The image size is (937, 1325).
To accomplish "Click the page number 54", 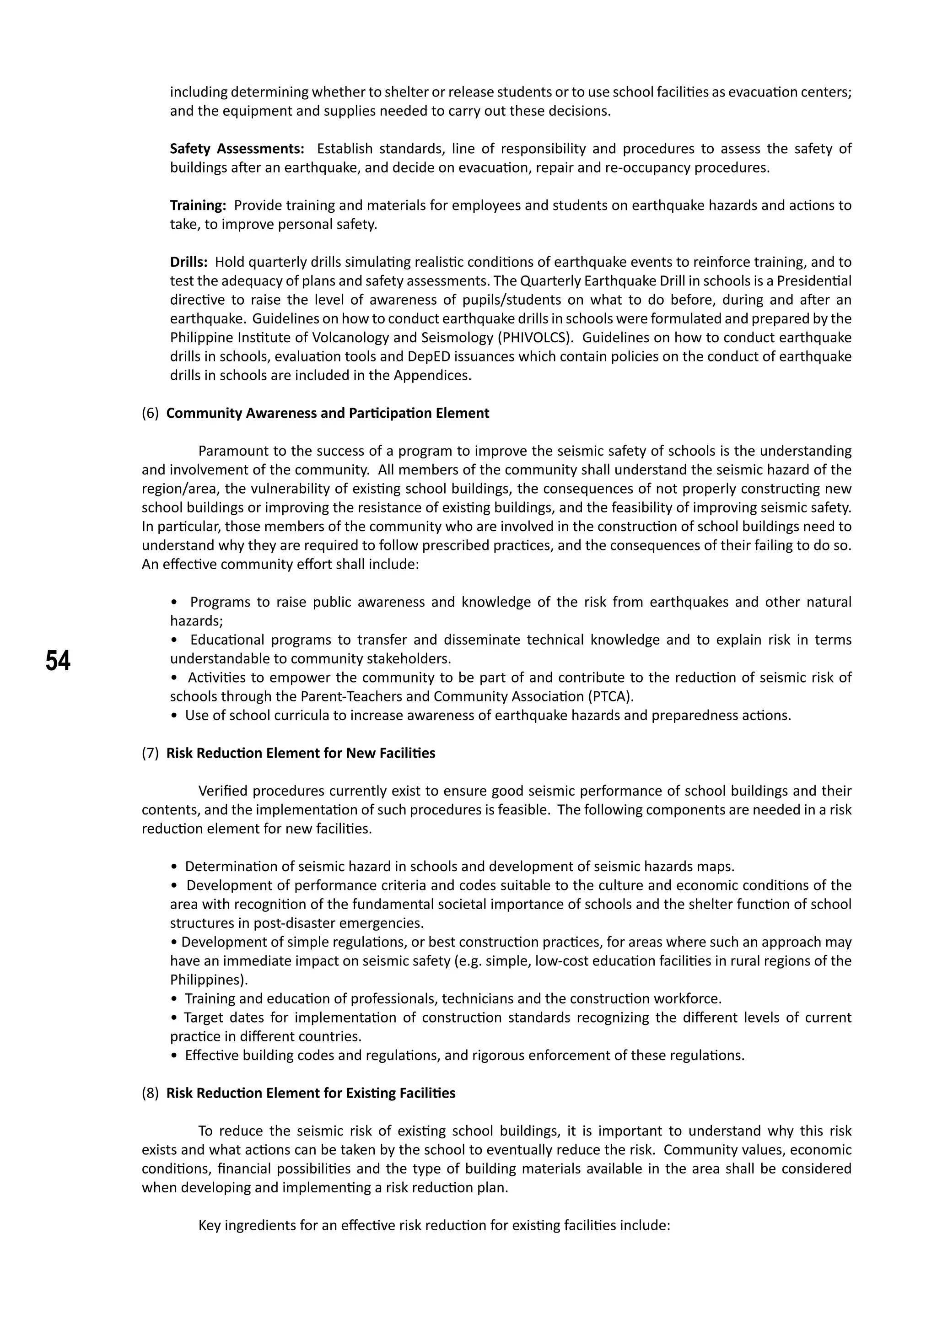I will (58, 661).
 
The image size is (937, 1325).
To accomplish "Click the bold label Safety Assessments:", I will (237, 149).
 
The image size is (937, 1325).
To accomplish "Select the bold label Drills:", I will (188, 262).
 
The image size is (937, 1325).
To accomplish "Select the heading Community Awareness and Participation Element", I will (327, 413).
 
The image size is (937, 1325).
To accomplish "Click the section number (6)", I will (150, 413).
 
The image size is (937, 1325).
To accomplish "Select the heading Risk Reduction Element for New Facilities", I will (301, 753).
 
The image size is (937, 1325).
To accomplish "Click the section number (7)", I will (150, 753).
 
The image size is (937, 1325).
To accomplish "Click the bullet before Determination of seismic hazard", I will (174, 867).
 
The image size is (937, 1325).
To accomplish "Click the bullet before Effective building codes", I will (174, 1056).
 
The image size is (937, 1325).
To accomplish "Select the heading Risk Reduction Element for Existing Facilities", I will (310, 1093).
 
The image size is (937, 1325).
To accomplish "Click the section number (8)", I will (150, 1093).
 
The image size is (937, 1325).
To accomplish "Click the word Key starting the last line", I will (209, 1225).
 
